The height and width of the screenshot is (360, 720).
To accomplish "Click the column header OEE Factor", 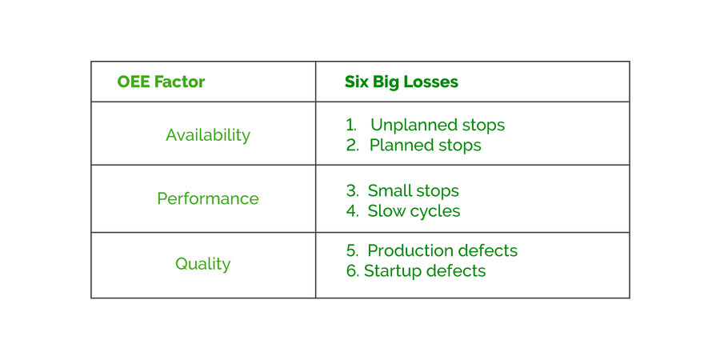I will click(161, 82).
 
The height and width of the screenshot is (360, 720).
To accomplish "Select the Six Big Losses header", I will click(401, 82).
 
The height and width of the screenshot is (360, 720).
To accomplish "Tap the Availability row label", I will click(208, 135).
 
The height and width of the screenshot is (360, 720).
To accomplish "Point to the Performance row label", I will click(208, 199).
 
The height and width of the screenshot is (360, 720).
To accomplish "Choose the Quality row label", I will click(202, 264).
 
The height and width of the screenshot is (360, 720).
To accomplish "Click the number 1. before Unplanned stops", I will click(350, 126).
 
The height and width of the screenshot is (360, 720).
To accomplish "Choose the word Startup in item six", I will click(393, 271).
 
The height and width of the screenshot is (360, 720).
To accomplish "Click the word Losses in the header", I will click(432, 82).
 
